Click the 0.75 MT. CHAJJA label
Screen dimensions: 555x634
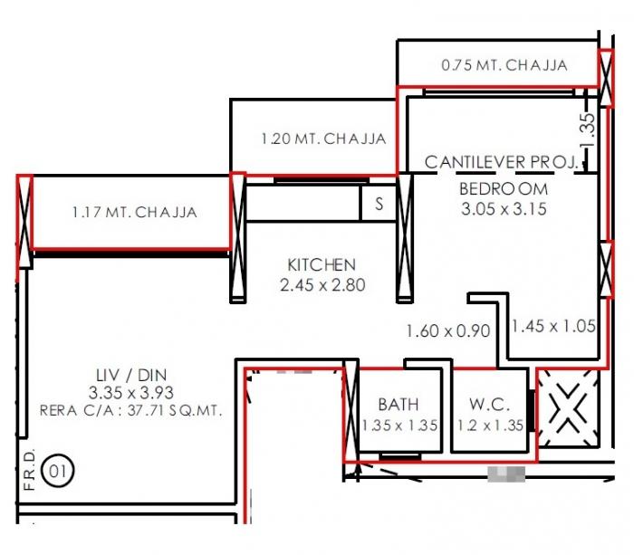[x=504, y=65]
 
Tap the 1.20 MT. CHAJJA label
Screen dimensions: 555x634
[x=323, y=139]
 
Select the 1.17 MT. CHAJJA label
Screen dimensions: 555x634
[x=134, y=213]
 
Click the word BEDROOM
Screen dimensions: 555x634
[x=504, y=189]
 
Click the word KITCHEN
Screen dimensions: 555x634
[x=322, y=265]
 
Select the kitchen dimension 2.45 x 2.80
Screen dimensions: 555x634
[x=322, y=285]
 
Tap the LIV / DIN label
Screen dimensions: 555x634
[x=131, y=374]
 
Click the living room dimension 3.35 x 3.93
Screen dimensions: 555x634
[x=131, y=393]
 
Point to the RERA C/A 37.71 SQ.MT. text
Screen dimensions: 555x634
[x=131, y=410]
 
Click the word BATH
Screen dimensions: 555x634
[x=399, y=405]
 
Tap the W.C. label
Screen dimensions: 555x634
[x=490, y=405]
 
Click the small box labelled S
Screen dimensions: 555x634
[x=379, y=205]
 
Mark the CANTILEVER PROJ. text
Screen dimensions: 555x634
[x=501, y=162]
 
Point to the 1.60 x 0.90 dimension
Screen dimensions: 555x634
[x=447, y=331]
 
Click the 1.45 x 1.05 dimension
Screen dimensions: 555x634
[x=553, y=327]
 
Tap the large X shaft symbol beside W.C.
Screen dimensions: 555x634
[x=567, y=410]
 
